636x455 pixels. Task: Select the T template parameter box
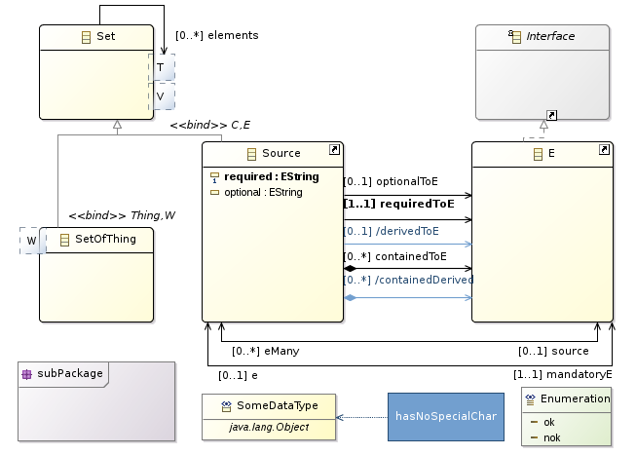point(161,67)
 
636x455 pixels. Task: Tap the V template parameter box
point(161,96)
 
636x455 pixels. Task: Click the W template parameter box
point(31,239)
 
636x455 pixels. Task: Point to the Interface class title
point(549,36)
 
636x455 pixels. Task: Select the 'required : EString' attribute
point(271,177)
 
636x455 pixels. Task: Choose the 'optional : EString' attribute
point(263,193)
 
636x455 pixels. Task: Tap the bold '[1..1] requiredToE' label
point(398,205)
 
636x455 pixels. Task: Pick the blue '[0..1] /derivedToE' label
point(393,230)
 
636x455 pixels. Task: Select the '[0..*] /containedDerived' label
point(407,280)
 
